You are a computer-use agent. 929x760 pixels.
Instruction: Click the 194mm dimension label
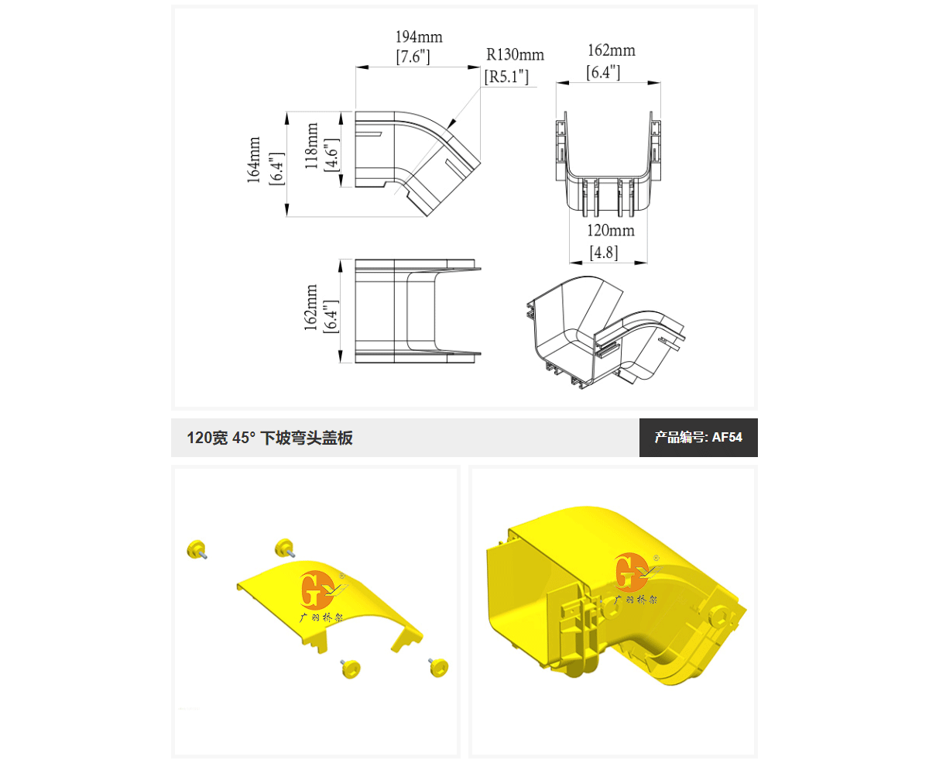click(x=419, y=36)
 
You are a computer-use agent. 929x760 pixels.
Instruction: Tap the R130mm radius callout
click(x=515, y=55)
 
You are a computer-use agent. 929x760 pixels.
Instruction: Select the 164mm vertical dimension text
click(x=254, y=160)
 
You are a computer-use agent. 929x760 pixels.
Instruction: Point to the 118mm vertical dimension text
click(x=311, y=146)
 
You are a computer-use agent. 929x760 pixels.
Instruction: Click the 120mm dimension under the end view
click(x=611, y=230)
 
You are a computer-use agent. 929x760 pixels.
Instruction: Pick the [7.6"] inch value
click(x=413, y=57)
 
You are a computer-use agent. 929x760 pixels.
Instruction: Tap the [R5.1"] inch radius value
click(x=506, y=77)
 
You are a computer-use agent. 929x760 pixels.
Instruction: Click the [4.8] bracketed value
click(x=604, y=253)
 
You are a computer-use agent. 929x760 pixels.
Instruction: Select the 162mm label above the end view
click(x=612, y=50)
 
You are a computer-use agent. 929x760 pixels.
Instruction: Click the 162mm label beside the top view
click(x=310, y=307)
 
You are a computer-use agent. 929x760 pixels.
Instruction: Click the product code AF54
click(x=727, y=437)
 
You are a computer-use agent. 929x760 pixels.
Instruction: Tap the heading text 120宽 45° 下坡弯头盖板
click(x=269, y=438)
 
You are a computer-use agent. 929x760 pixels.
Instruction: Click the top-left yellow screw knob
click(x=197, y=549)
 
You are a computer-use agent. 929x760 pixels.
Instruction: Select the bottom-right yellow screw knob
click(x=438, y=666)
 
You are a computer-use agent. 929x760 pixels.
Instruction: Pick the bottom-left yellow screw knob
click(x=350, y=669)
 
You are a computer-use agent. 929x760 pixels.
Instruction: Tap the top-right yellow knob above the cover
click(x=285, y=549)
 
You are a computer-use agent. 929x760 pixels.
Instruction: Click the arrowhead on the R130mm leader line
click(x=452, y=123)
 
